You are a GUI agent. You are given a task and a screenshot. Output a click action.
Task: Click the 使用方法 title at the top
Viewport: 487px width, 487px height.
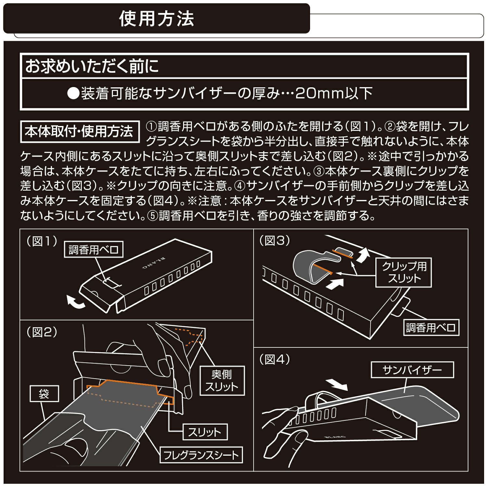(x=156, y=19)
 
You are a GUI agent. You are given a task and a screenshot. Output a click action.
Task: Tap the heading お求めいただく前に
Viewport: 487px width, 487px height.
(x=92, y=66)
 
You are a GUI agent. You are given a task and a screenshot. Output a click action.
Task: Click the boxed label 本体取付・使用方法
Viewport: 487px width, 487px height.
(x=80, y=131)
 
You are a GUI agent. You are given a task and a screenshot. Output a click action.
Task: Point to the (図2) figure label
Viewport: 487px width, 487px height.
(x=42, y=332)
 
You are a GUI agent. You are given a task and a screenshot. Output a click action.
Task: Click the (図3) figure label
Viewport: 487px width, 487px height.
(x=275, y=241)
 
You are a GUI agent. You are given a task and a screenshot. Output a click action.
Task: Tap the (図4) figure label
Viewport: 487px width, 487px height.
(x=275, y=359)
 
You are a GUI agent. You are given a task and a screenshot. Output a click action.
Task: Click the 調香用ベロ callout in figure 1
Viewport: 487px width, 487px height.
(x=94, y=250)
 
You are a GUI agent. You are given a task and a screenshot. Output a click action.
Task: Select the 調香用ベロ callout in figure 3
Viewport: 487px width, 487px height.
(x=431, y=328)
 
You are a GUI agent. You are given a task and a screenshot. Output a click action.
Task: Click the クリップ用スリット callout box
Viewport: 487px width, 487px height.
(x=404, y=272)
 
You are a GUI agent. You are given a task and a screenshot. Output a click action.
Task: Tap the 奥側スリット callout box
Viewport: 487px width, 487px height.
(x=222, y=381)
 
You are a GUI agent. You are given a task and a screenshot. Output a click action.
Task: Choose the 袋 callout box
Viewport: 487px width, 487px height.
(x=44, y=394)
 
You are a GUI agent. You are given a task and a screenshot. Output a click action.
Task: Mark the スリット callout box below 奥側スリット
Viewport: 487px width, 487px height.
(x=205, y=432)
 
